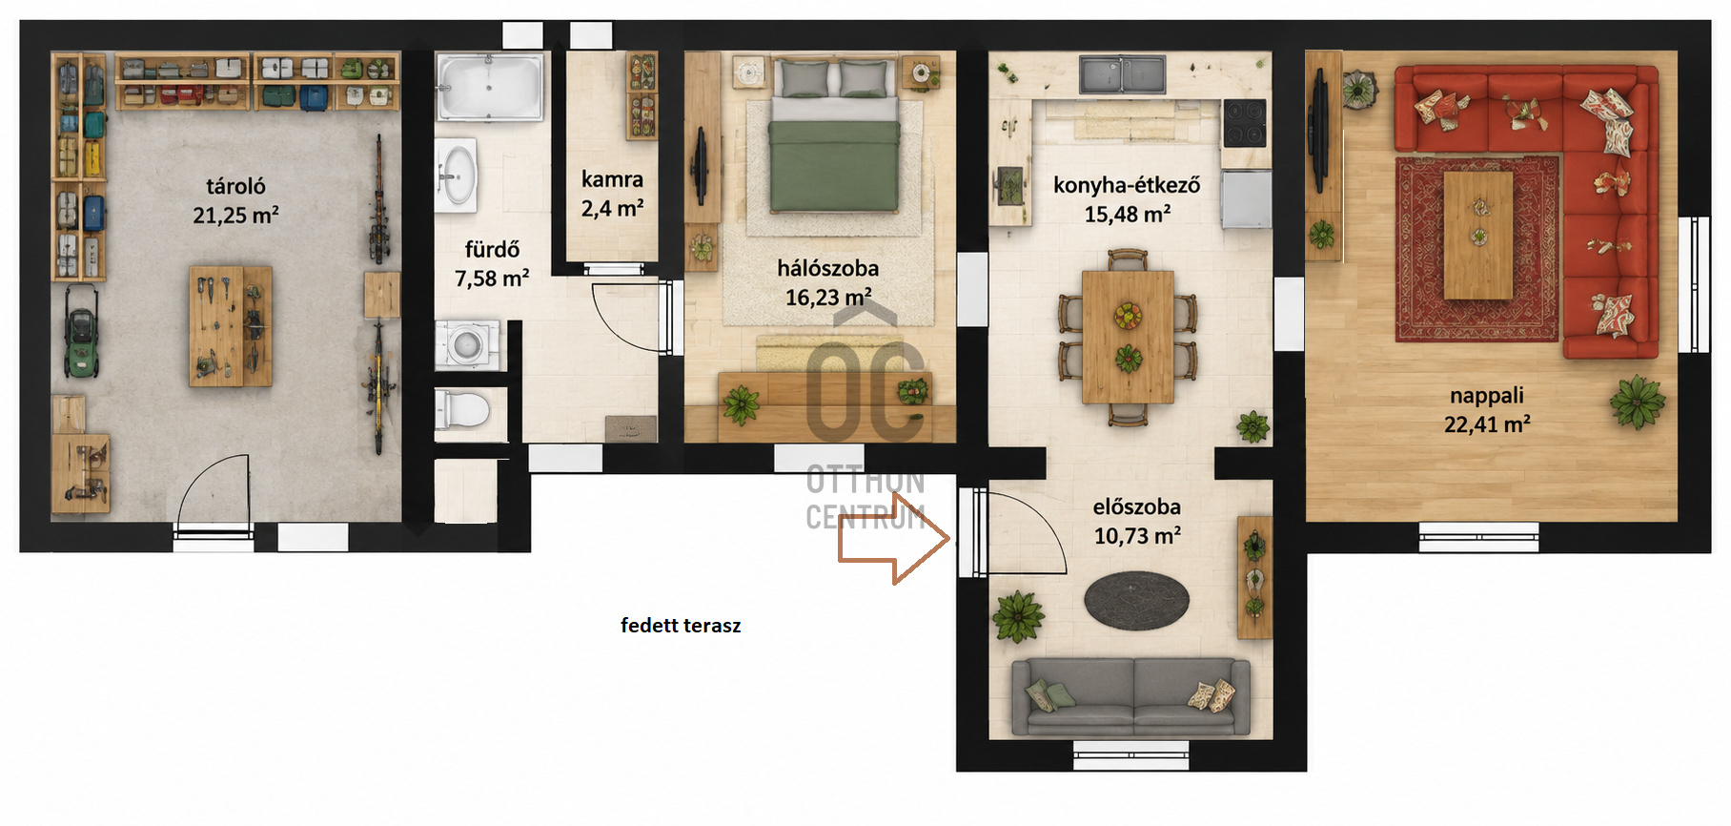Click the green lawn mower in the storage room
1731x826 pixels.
point(81,332)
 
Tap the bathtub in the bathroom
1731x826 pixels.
point(490,87)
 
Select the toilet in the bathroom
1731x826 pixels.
point(463,410)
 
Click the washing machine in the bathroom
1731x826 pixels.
point(467,344)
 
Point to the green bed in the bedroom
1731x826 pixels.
point(834,135)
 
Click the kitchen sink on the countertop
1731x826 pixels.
point(1122,74)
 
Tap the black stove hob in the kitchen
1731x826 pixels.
point(1245,122)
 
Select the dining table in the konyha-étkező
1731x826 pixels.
point(1128,337)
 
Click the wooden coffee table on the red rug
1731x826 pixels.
point(1478,236)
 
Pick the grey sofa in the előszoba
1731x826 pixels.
point(1130,696)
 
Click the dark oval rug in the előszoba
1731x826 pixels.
point(1136,601)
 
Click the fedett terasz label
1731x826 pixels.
point(681,626)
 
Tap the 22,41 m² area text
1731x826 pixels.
point(1487,424)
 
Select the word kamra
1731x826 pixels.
point(612,179)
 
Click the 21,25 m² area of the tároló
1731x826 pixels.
point(235,216)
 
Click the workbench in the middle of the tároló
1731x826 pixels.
point(231,326)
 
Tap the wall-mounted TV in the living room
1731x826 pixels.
point(1320,132)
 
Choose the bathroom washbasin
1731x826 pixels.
point(457,176)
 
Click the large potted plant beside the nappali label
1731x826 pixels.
point(1637,402)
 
